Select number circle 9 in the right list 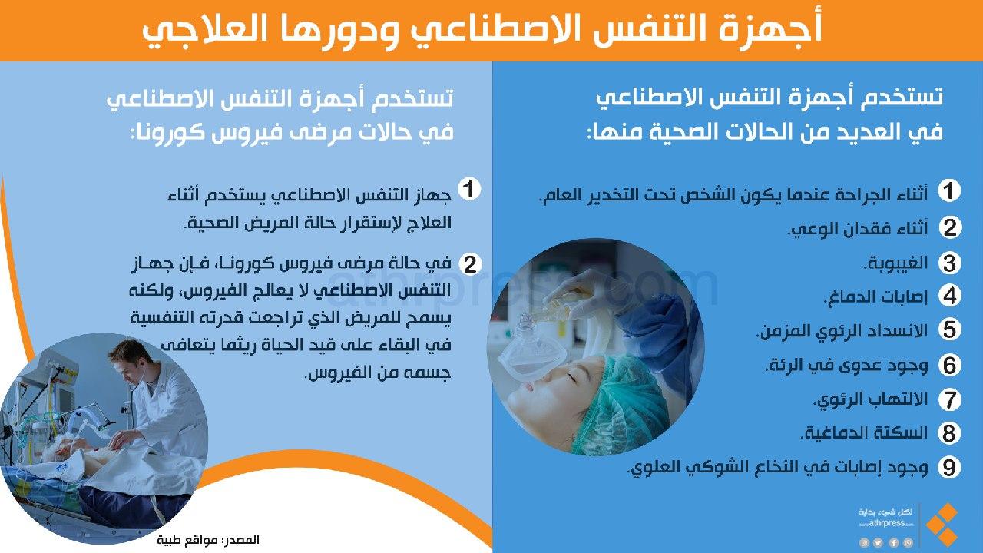949,467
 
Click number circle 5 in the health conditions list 949,329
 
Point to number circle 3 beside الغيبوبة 949,263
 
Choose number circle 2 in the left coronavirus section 470,264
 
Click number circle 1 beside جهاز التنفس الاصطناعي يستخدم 470,189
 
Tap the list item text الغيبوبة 895,263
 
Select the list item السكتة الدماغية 864,433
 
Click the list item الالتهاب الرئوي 871,399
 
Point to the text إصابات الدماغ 875,296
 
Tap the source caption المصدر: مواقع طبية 208,539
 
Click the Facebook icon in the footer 893,543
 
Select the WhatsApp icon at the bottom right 908,543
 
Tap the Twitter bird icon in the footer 878,543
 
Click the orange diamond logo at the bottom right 942,526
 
